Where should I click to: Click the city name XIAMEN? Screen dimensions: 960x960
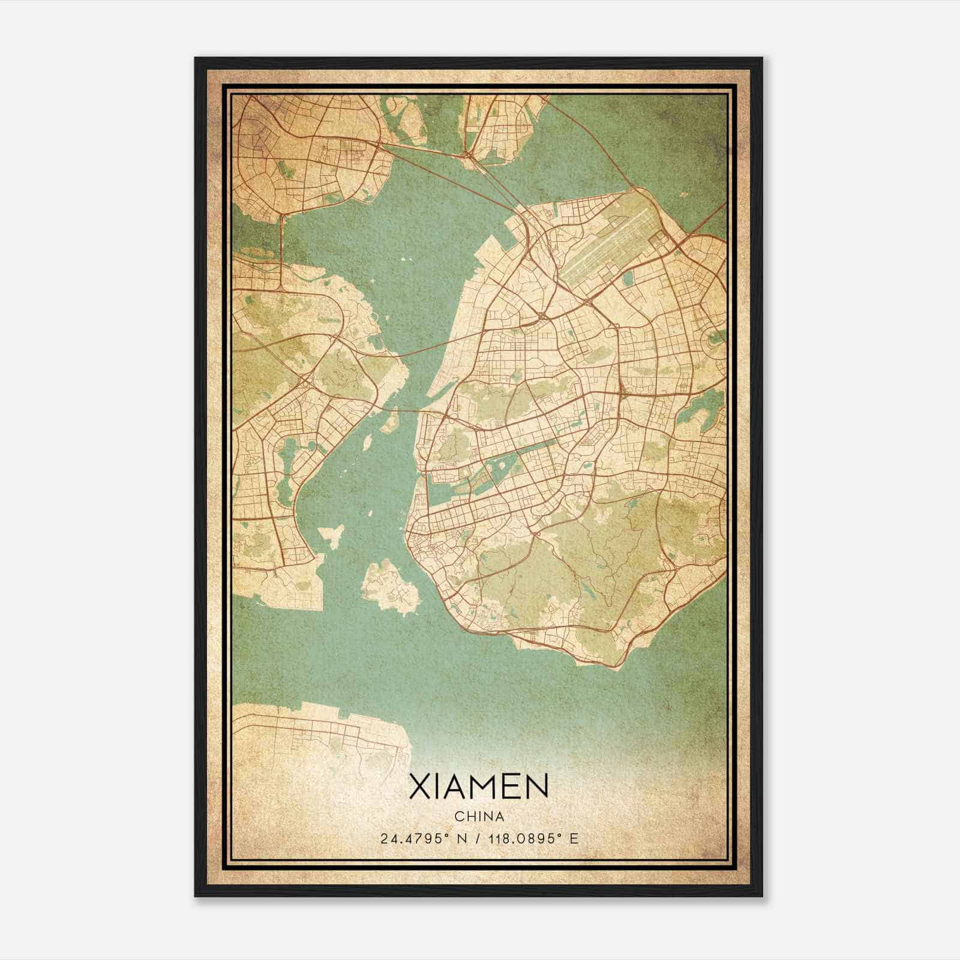tap(478, 786)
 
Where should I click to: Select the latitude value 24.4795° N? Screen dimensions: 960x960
tap(422, 838)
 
